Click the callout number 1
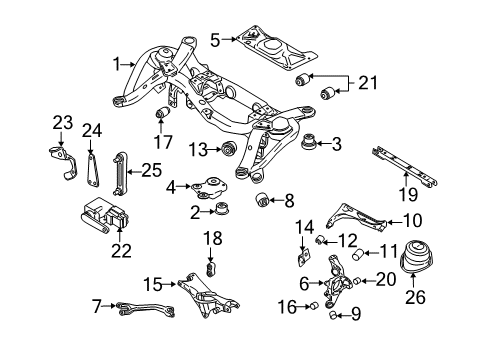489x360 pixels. click(x=119, y=64)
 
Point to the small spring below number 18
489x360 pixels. click(x=210, y=271)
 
